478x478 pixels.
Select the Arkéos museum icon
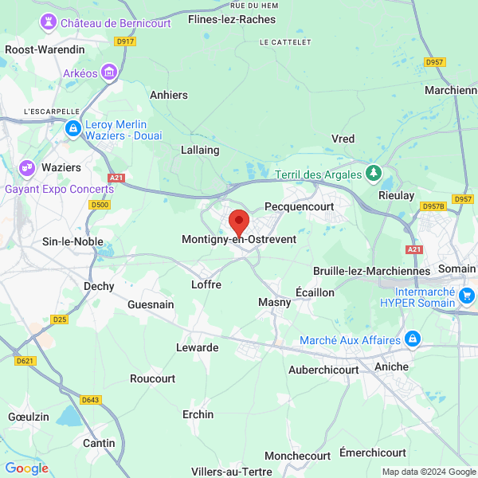[x=109, y=73]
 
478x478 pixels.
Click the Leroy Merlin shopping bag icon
[x=73, y=127]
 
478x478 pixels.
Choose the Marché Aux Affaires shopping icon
[x=413, y=340]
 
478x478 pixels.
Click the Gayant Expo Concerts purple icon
[x=27, y=168]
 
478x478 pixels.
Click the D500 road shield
[x=100, y=205]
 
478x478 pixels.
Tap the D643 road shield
[x=91, y=400]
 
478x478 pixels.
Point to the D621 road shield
[x=25, y=361]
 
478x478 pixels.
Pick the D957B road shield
[x=433, y=206]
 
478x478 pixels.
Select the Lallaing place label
[x=200, y=149]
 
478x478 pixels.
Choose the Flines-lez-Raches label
[x=232, y=19]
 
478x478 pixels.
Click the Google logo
[x=27, y=468]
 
